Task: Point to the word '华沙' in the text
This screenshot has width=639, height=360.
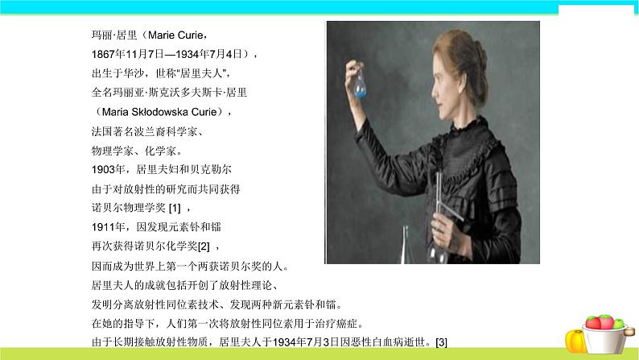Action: click(x=133, y=73)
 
